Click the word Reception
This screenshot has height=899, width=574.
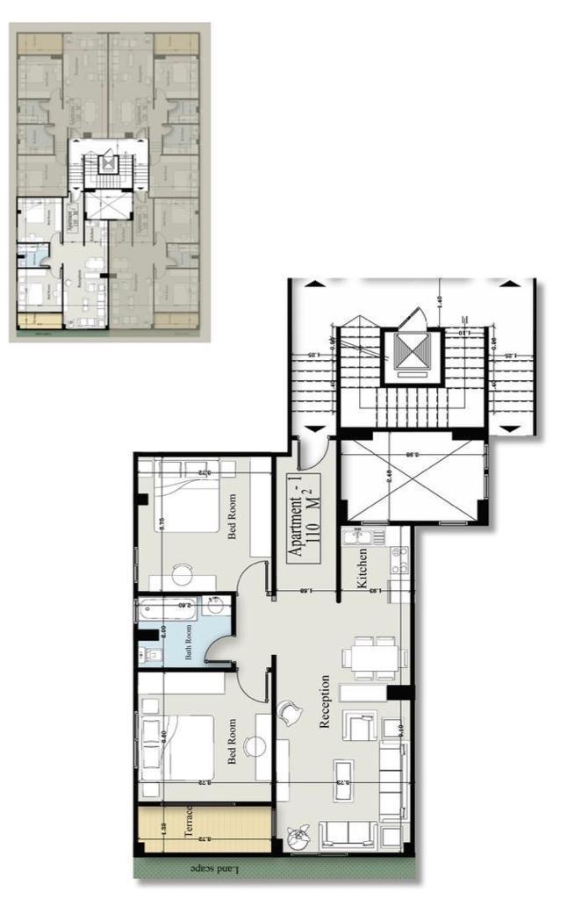324,701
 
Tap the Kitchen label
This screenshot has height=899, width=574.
361,567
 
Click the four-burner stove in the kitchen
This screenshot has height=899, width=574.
399,555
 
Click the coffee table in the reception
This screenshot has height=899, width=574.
343,778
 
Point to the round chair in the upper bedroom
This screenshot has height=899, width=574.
182,574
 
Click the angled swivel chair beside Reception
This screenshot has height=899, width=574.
289,713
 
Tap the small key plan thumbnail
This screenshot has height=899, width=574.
109,182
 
